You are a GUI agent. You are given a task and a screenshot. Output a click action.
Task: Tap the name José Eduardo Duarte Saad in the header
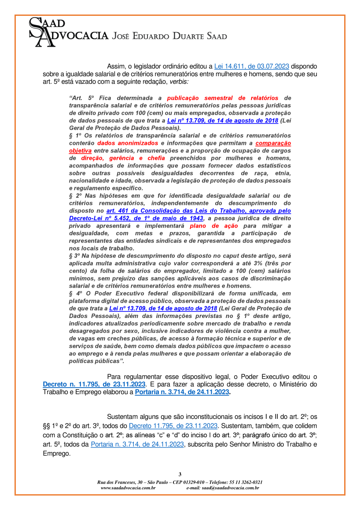[x=170, y=36]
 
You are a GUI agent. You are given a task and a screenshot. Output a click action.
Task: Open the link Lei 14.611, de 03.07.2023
[x=251, y=67]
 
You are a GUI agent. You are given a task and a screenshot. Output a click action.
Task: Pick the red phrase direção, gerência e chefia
[x=117, y=157]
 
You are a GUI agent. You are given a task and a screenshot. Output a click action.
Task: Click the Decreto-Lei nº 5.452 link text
[x=136, y=218]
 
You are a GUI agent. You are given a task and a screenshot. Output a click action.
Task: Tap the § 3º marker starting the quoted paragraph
[x=75, y=255]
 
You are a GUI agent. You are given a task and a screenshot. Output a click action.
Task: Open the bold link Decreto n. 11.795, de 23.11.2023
[x=94, y=384]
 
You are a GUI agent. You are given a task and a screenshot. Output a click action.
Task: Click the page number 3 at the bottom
[x=180, y=474]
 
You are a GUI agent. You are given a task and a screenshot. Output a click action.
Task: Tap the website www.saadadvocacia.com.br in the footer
[x=128, y=488]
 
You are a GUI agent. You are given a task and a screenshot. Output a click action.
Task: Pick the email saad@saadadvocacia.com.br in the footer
[x=223, y=488]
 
